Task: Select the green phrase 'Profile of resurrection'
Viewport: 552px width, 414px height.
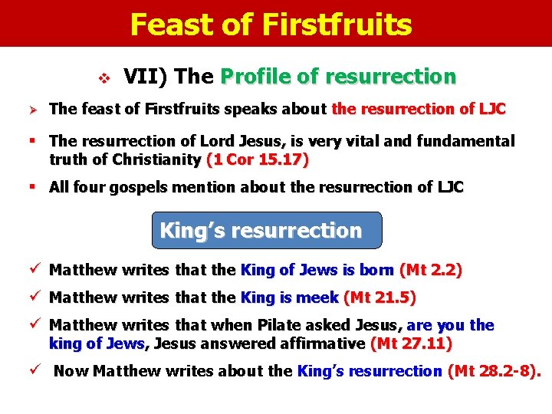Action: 337,77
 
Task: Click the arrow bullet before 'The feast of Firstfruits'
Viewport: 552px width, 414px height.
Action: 33,110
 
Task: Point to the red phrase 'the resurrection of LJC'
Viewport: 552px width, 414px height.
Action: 419,109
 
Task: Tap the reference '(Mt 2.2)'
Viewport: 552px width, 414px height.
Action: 431,270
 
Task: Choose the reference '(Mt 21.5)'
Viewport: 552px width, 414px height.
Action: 380,297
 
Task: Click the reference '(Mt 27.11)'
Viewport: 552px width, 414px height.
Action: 411,343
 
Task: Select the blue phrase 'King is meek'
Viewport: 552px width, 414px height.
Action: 291,297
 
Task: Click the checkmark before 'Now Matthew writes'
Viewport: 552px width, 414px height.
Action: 32,371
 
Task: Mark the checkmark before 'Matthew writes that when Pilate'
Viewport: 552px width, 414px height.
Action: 32,324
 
